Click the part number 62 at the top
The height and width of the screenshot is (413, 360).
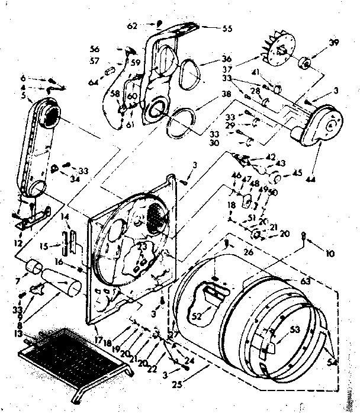(x=133, y=25)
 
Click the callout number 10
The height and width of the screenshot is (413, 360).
(x=330, y=254)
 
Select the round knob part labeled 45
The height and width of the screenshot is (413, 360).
(x=275, y=177)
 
